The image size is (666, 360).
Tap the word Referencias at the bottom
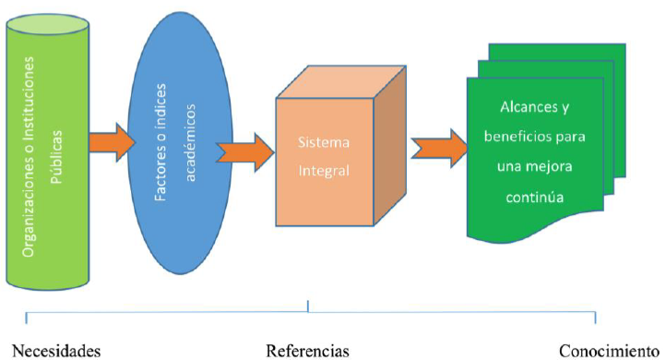tap(308, 351)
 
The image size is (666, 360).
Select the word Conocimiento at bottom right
tap(612, 351)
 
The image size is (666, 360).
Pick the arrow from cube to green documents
tap(436, 148)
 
